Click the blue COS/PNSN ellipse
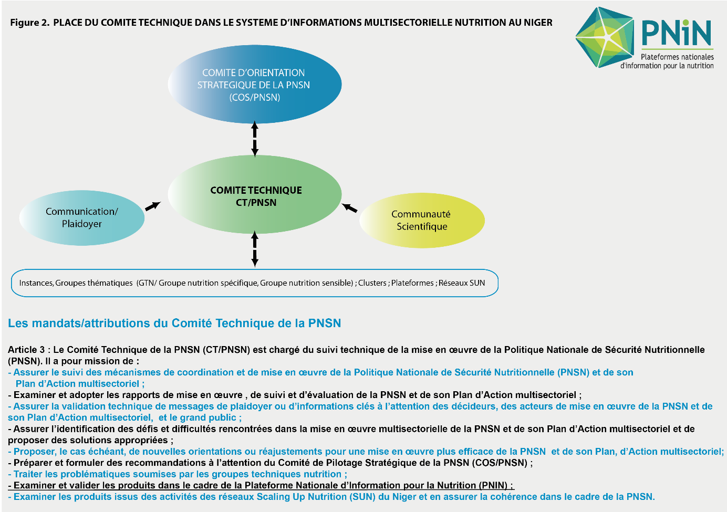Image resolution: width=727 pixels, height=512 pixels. (x=255, y=85)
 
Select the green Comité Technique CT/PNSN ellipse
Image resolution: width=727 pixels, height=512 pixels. (x=255, y=194)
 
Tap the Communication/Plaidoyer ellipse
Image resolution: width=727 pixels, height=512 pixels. (x=82, y=218)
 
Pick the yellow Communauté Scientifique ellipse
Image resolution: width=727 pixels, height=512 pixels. (x=422, y=221)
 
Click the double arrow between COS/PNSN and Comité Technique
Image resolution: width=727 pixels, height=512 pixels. (x=255, y=139)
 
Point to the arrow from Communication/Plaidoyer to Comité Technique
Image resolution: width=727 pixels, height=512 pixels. (x=153, y=206)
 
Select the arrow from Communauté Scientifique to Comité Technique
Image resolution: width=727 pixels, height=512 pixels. (x=349, y=207)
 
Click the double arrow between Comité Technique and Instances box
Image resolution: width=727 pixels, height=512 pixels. (x=255, y=249)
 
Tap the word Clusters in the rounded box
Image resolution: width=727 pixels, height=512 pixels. (x=372, y=283)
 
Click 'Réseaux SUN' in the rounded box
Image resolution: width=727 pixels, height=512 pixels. (x=462, y=283)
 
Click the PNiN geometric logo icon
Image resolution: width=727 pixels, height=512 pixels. (x=605, y=37)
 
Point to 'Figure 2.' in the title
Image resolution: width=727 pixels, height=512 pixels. (x=30, y=23)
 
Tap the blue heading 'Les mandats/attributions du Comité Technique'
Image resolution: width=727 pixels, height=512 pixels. (x=174, y=323)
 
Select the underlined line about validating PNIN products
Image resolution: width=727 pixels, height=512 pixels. (x=261, y=485)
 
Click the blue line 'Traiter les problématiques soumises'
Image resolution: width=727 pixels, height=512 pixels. (x=178, y=474)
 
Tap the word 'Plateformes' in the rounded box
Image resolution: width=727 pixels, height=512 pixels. (x=412, y=283)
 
